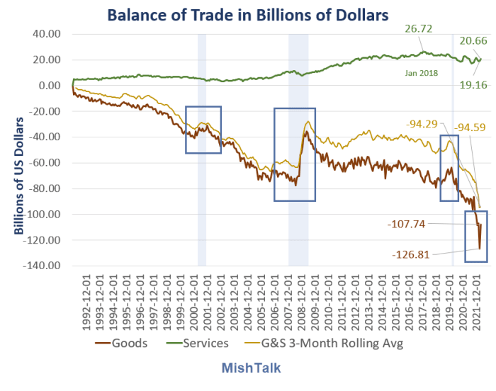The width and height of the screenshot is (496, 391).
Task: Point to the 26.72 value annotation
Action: pos(419,30)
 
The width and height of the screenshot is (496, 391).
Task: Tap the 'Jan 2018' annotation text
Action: pos(422,73)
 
